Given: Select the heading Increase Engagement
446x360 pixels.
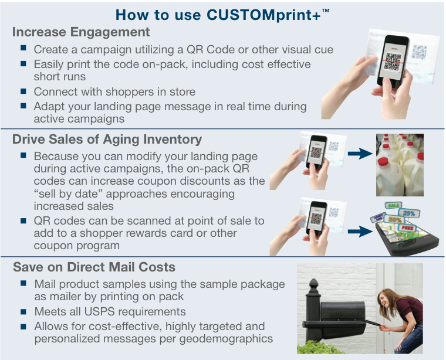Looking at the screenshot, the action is coord(81,32).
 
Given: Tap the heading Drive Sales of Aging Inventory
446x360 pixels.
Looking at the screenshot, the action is coord(107,140).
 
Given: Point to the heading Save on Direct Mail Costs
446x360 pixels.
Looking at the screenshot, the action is coord(94,267).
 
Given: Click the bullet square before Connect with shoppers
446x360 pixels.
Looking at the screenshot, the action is coord(23,91).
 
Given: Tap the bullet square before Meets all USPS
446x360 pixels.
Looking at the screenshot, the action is coord(23,312).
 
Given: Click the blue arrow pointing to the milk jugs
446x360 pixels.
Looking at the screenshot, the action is coord(360,154).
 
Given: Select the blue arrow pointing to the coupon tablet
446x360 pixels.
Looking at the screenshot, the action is coord(360,231).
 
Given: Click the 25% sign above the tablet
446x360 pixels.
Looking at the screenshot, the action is coord(409,213).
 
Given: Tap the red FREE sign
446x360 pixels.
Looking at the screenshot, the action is coord(407,228).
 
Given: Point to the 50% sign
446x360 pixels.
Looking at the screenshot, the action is coord(394,219).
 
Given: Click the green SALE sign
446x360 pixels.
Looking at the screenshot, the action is coord(393,205).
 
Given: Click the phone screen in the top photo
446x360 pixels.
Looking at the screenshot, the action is coord(393,60).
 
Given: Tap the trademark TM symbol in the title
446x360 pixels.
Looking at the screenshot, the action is coord(325,11).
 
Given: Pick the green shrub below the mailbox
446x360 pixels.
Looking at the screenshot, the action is coord(319,347).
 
